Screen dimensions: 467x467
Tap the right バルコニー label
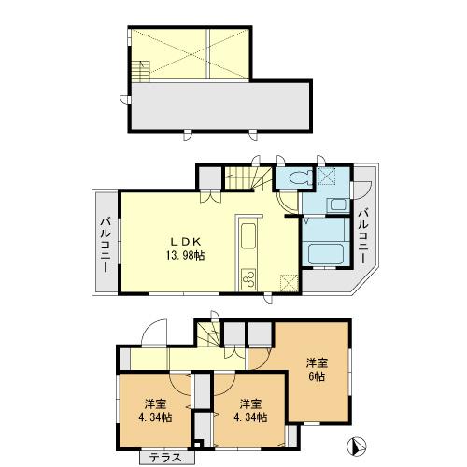click(x=362, y=232)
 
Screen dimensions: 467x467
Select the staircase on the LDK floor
click(x=250, y=177)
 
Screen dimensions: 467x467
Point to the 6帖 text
click(x=317, y=376)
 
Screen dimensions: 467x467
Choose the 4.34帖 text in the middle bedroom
click(x=248, y=418)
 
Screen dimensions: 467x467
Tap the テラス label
click(x=166, y=458)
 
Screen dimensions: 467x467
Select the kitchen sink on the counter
click(x=249, y=241)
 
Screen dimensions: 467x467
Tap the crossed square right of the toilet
click(x=330, y=175)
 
